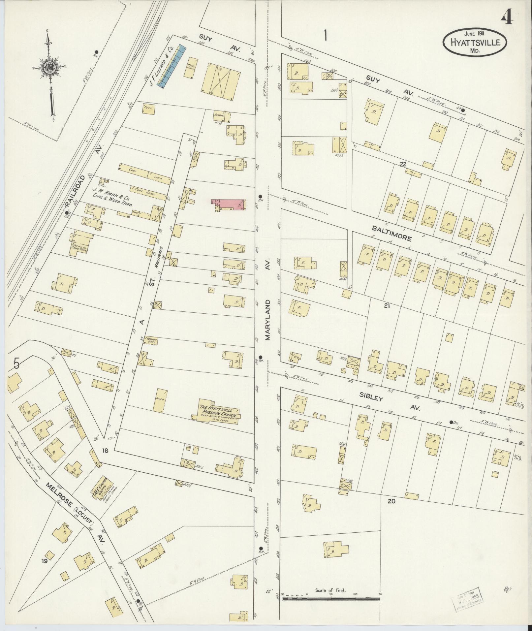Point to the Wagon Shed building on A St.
pyautogui.click(x=151, y=340)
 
